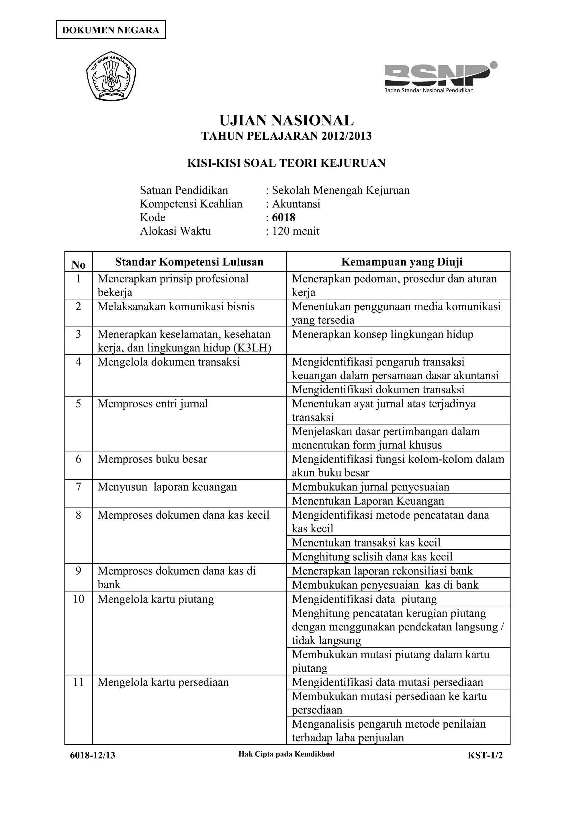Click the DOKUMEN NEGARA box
pos(111,30)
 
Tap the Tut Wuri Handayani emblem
pos(111,76)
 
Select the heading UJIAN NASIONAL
pos(286,120)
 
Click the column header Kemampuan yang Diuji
pos(402,262)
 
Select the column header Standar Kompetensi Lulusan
pos(189,262)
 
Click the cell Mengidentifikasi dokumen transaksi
pos(378,390)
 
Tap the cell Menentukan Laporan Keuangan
pos(368,501)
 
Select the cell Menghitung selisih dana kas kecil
pos(372,557)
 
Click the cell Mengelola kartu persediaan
pos(163,682)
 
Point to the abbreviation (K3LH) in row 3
pos(253,348)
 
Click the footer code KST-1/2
pos(485,755)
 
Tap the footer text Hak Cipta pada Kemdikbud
pos(286,754)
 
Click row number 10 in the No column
pos(79,599)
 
